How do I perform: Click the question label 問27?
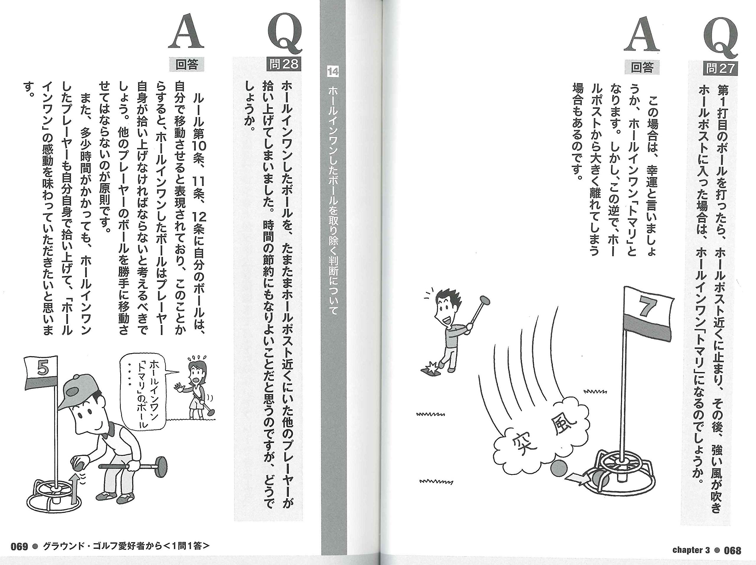[719, 68]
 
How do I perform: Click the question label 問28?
[284, 64]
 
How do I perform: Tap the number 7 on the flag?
[647, 307]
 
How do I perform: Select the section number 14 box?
[333, 72]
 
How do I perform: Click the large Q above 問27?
[720, 38]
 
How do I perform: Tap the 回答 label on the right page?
[641, 68]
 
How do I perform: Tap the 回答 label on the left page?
[186, 64]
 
